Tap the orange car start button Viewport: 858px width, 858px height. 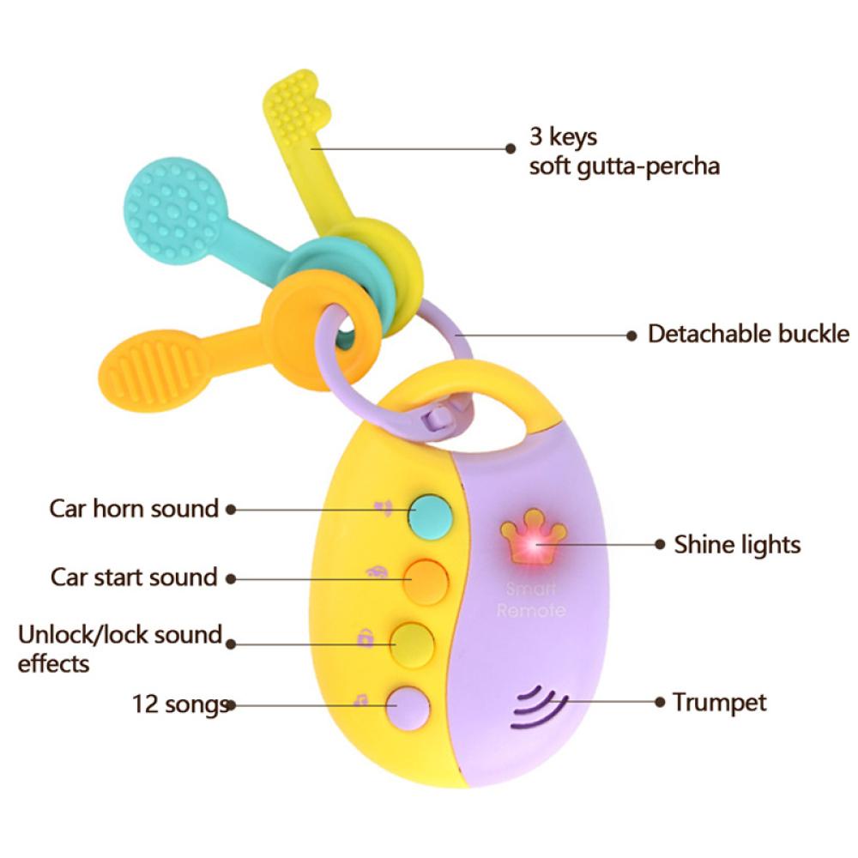[426, 581]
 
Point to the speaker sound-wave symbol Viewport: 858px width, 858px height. [539, 708]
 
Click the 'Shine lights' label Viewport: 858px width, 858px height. [737, 545]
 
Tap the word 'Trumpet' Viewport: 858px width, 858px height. [720, 704]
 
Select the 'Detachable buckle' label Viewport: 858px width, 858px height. [748, 334]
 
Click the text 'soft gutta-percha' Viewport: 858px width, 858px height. [625, 166]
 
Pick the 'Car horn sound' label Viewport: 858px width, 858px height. [134, 508]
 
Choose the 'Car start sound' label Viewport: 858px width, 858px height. [134, 577]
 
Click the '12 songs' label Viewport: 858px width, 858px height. [180, 704]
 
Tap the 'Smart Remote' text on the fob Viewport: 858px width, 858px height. [530, 600]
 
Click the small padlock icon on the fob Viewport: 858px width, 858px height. [366, 637]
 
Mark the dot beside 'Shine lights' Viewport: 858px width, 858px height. [660, 545]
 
